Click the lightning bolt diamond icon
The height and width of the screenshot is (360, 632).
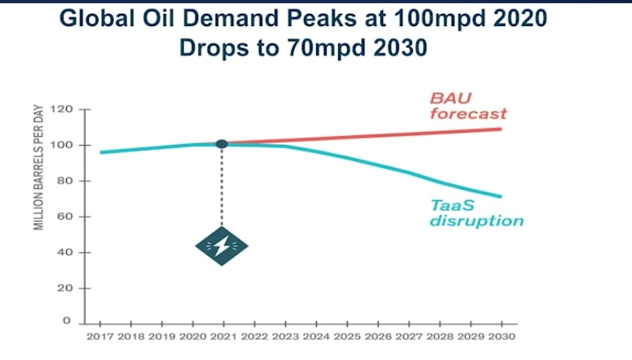(x=222, y=247)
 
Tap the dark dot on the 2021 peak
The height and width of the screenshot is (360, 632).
(x=222, y=144)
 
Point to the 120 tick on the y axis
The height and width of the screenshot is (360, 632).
(x=62, y=109)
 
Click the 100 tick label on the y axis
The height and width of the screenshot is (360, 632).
(x=62, y=145)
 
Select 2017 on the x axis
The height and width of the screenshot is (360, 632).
(x=100, y=335)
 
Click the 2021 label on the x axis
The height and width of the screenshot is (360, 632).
(x=222, y=335)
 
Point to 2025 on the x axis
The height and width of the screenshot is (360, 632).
(x=346, y=335)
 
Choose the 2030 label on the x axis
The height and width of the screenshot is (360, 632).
(x=500, y=335)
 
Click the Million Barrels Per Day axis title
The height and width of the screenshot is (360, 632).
(x=38, y=168)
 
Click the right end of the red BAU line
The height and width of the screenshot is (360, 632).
(x=500, y=129)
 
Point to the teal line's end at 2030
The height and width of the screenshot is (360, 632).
(x=500, y=196)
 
